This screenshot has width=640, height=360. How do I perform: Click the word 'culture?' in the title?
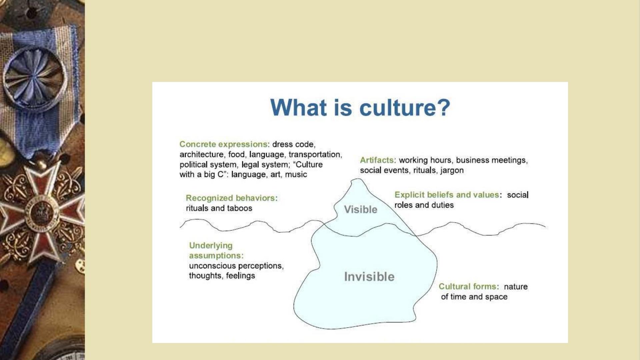click(405, 107)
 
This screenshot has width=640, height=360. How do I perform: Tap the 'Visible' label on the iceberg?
click(361, 209)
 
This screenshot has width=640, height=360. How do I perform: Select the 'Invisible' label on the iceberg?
click(369, 277)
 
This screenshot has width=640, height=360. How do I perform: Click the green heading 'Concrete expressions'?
click(223, 144)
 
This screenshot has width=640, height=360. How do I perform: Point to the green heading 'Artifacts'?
click(377, 160)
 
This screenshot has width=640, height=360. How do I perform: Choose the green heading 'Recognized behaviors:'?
click(232, 198)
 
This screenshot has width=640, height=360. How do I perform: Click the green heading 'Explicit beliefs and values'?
click(447, 195)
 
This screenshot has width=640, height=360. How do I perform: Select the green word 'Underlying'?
click(211, 246)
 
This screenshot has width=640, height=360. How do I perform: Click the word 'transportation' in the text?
click(315, 154)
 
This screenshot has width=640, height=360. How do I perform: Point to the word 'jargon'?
click(452, 170)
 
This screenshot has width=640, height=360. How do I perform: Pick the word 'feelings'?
click(240, 276)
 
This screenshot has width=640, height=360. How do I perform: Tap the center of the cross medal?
click(41, 213)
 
